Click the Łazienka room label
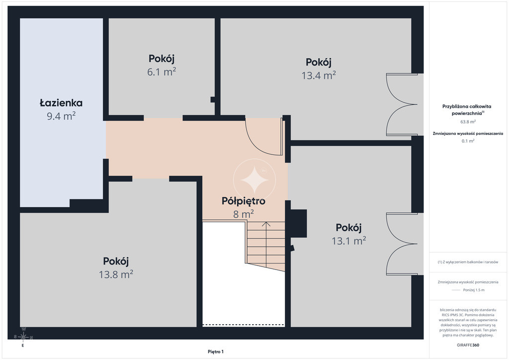coord(61,103)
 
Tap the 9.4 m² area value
coord(61,116)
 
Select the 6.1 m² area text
coord(162,72)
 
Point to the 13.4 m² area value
coord(319,75)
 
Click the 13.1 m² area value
coord(348,241)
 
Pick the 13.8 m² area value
coord(116,274)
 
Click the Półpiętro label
coord(244,201)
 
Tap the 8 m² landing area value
coord(244,214)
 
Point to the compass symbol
coord(23,338)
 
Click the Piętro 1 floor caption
coord(216,352)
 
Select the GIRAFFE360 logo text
coord(468,345)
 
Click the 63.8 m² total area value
coord(468,122)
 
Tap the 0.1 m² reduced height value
coord(468,141)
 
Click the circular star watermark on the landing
coord(254,180)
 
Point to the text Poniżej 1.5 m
coord(474,290)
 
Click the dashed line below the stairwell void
coord(244,324)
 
